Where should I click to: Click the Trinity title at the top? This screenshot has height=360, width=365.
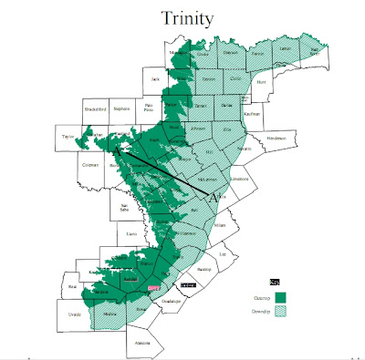[190, 18]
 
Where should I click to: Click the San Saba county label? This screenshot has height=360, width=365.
[125, 208]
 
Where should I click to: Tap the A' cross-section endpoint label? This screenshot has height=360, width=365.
[216, 196]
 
